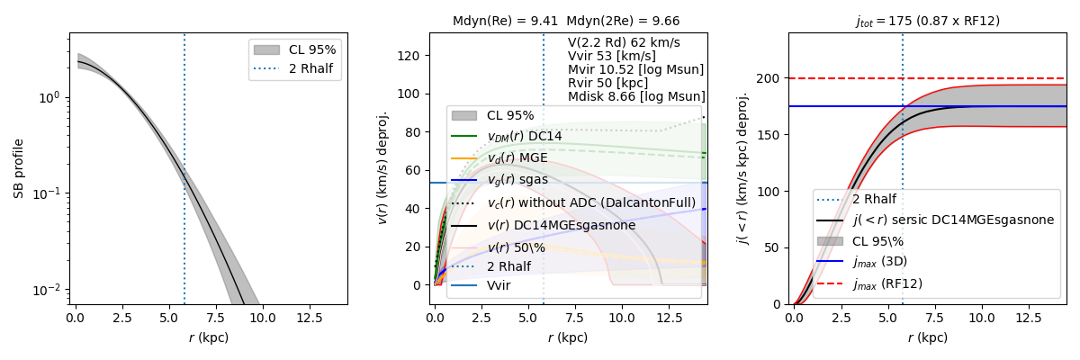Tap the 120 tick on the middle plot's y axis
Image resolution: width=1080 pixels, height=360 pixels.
click(x=410, y=56)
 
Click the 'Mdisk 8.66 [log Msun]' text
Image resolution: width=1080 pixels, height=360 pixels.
click(x=636, y=96)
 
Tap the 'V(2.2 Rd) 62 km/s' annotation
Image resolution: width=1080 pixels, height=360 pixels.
click(x=624, y=42)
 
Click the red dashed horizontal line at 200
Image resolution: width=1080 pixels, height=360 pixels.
click(x=990, y=78)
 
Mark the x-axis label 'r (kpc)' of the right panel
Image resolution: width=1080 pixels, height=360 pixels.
click(x=927, y=337)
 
